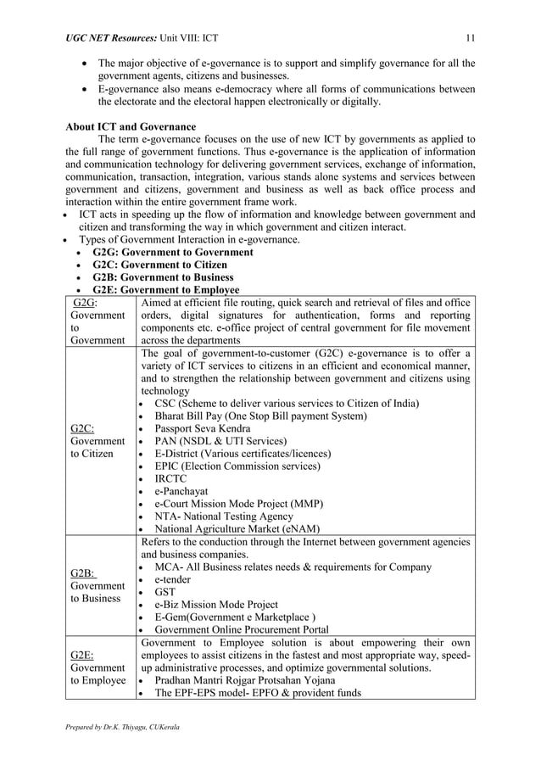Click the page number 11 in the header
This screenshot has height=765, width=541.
470,36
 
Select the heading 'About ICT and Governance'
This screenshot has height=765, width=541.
131,127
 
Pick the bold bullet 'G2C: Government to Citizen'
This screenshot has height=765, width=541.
159,265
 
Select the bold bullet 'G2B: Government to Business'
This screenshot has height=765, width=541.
163,277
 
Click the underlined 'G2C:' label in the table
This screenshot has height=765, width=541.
82,428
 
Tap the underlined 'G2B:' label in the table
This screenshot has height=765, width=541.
82,573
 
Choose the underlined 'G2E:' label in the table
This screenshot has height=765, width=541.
82,656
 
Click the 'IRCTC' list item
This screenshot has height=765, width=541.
170,478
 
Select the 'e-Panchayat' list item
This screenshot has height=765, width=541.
181,491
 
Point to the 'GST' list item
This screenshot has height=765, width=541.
165,592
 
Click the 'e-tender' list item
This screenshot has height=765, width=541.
172,579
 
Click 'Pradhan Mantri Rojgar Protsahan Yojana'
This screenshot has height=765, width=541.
244,680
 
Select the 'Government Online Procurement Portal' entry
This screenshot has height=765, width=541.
241,629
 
